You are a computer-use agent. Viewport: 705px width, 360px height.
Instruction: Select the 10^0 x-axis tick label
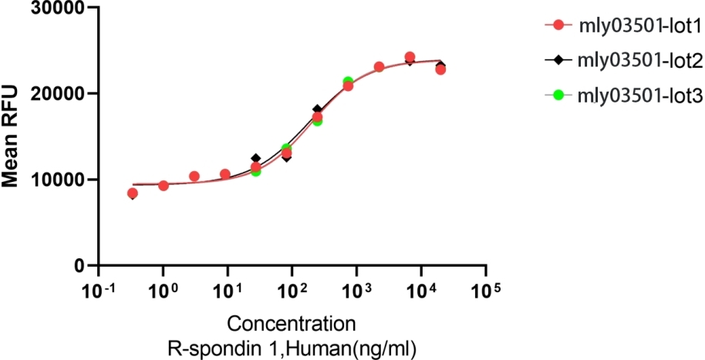coord(163,291)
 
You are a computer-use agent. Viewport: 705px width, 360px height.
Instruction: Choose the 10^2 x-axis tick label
coord(292,291)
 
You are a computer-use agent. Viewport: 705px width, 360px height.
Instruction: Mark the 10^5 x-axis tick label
coord(486,291)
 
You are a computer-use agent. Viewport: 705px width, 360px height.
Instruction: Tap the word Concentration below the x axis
coord(292,322)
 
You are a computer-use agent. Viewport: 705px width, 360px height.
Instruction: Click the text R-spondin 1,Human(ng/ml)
coord(292,348)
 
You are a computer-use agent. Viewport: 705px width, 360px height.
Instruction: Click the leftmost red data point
coord(133,193)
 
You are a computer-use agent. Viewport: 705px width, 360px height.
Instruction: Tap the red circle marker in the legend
coord(558,27)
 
